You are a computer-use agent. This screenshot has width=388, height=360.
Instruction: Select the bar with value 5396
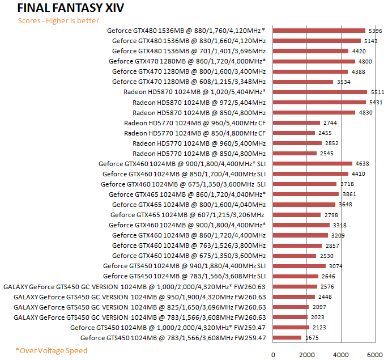[319, 31]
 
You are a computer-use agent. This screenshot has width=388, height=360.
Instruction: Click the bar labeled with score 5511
[320, 92]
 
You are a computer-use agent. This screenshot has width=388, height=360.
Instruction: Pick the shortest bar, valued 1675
[287, 338]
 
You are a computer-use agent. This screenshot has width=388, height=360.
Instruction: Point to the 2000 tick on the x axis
[307, 354]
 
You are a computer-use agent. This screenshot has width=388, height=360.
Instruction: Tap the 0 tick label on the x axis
[274, 354]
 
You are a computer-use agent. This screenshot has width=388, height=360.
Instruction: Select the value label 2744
[330, 122]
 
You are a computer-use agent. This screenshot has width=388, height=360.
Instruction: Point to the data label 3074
[336, 266]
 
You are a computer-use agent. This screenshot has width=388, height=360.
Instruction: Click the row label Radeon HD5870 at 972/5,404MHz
[199, 102]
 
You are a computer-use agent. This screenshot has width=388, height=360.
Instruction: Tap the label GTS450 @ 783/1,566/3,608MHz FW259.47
[173, 338]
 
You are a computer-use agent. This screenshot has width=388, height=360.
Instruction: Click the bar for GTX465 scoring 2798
[297, 215]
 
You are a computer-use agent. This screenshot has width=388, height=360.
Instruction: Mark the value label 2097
[319, 307]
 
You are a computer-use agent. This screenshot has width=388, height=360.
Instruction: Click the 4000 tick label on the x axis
[341, 354]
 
